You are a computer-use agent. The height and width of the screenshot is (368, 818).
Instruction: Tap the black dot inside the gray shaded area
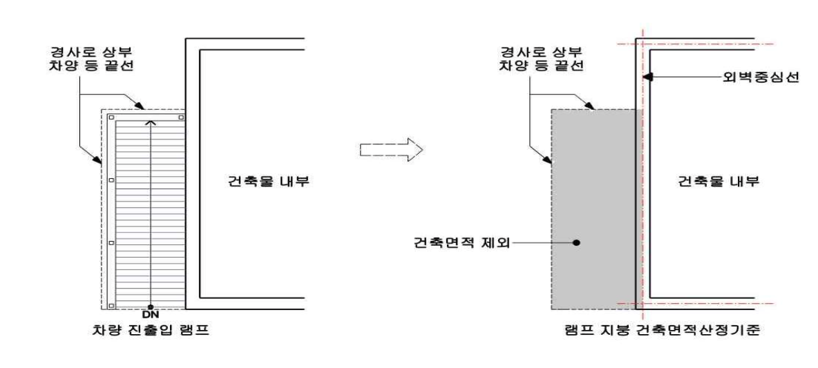pos(577,242)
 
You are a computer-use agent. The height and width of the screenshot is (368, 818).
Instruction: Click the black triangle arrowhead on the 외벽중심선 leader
pos(646,77)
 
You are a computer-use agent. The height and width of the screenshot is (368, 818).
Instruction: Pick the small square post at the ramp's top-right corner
pos(180,118)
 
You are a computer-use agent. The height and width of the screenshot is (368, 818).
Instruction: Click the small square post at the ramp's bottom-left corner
pos(111,304)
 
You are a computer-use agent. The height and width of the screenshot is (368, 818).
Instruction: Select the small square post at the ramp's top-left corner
pos(111,118)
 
